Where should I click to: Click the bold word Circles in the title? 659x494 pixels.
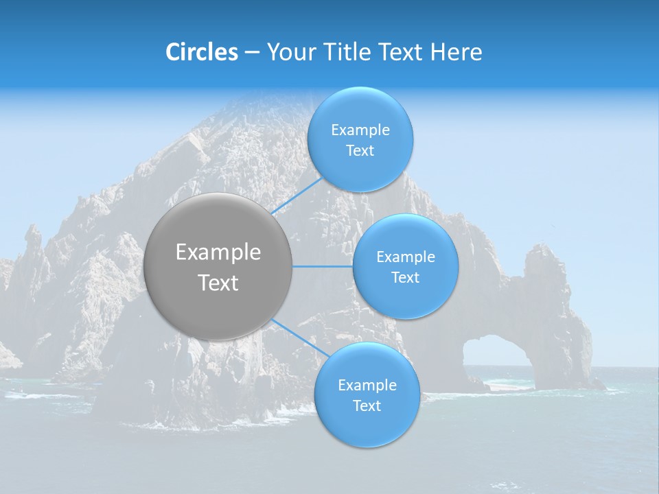pyautogui.click(x=201, y=52)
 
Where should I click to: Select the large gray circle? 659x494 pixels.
pyautogui.click(x=218, y=266)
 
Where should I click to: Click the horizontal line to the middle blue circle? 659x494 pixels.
pyautogui.click(x=322, y=266)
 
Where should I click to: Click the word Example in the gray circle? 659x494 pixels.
pyautogui.click(x=218, y=252)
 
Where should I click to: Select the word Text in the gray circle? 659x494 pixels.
pyautogui.click(x=218, y=283)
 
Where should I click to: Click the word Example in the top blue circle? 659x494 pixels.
pyautogui.click(x=360, y=130)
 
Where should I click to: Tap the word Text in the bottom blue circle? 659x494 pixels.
pyautogui.click(x=367, y=405)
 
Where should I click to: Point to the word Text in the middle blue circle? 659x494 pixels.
pyautogui.click(x=405, y=277)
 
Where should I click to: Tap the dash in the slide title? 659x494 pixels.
pyautogui.click(x=251, y=53)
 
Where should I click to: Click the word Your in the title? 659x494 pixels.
pyautogui.click(x=289, y=52)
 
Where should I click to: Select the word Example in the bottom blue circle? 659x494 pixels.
pyautogui.click(x=367, y=385)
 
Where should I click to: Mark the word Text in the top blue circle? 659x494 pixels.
pyautogui.click(x=360, y=151)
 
